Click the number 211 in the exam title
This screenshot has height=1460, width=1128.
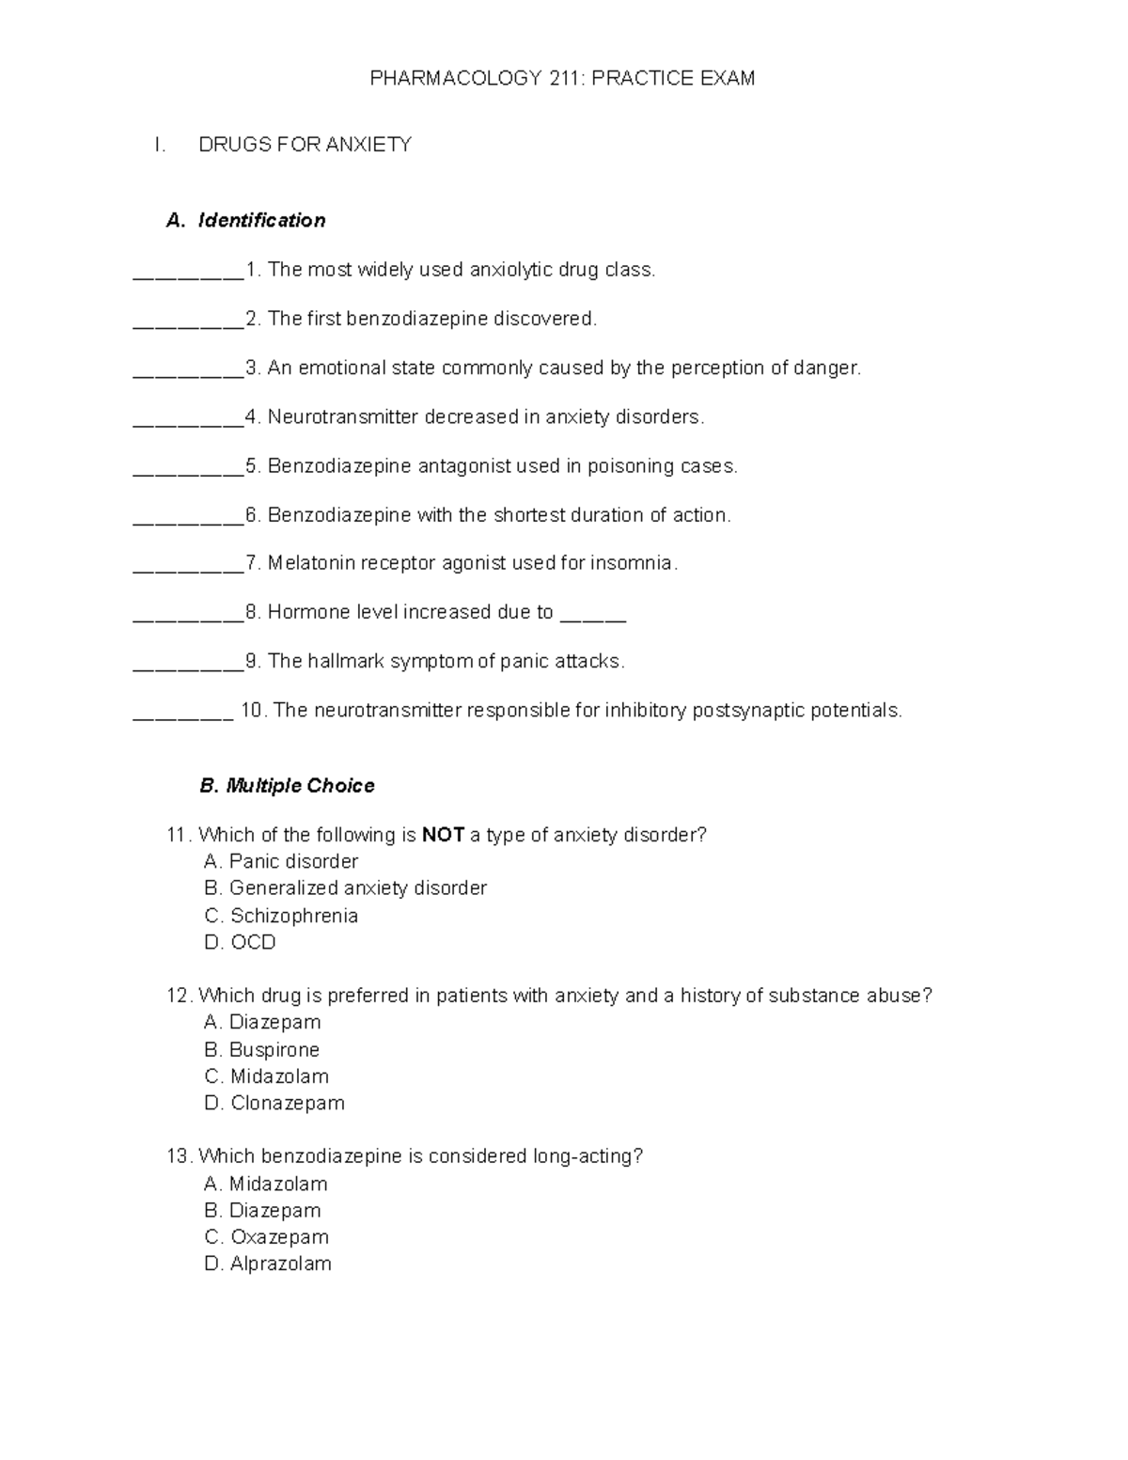tap(565, 78)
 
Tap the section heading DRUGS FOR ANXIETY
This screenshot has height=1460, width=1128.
tap(305, 145)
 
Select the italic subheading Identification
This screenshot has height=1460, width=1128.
tap(261, 220)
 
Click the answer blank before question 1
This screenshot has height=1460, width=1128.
tap(188, 275)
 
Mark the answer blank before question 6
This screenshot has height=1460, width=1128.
tap(188, 520)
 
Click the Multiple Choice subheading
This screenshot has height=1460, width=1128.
tap(287, 786)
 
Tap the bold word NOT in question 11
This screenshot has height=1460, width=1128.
tap(443, 835)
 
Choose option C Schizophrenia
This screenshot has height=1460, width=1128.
tap(281, 916)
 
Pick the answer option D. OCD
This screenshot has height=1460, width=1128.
tap(240, 942)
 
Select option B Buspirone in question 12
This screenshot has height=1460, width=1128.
tap(262, 1049)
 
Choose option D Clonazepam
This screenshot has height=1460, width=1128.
tap(274, 1103)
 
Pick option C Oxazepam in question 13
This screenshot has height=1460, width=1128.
tap(267, 1237)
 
